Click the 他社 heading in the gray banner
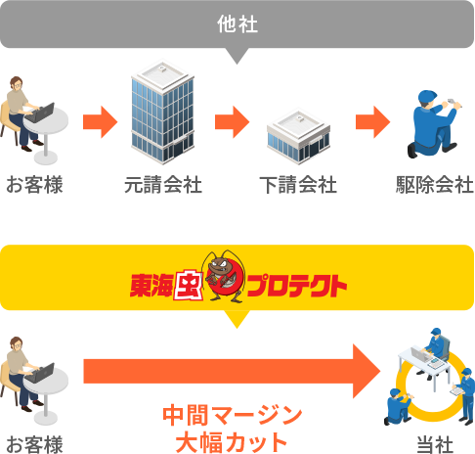237,24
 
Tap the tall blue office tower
162,112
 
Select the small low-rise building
298,136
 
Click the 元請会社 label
163,185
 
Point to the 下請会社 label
298,185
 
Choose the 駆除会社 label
435,185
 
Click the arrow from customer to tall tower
100,122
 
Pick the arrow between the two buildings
232,122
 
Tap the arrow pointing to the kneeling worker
372,122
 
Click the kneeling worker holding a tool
433,124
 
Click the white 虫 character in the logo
188,285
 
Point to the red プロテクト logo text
296,286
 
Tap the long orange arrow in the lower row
232,371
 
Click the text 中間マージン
233,416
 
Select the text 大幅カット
232,442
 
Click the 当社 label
435,444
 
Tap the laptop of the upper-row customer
40,113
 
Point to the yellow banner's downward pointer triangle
237,319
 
